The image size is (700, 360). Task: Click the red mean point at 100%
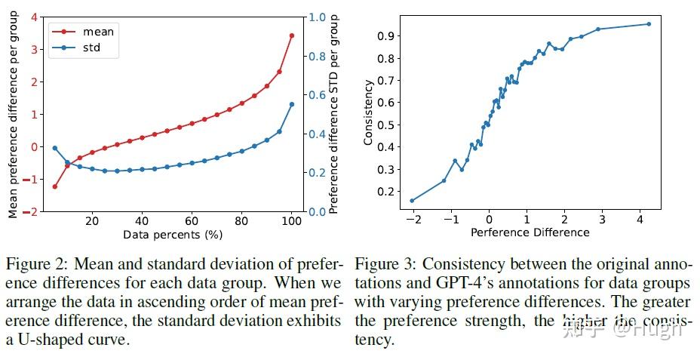pyautogui.click(x=292, y=35)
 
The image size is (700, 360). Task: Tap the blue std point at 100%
pyautogui.click(x=292, y=104)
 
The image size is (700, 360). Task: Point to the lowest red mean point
pyautogui.click(x=55, y=186)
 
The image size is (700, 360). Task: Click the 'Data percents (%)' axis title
pyautogui.click(x=173, y=235)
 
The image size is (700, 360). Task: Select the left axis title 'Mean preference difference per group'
pyautogui.click(x=13, y=115)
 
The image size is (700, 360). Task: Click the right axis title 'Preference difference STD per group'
pyautogui.click(x=334, y=115)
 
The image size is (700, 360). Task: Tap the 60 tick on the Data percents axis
pyautogui.click(x=192, y=221)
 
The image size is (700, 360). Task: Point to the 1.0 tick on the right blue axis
pyautogui.click(x=319, y=17)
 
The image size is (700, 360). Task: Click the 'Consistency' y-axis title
pyautogui.click(x=368, y=115)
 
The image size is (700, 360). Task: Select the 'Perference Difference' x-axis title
pyautogui.click(x=530, y=232)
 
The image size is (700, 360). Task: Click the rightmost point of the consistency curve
pyautogui.click(x=649, y=24)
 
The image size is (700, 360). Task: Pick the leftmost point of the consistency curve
pyautogui.click(x=412, y=201)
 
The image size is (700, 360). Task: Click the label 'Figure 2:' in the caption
pyautogui.click(x=33, y=265)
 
